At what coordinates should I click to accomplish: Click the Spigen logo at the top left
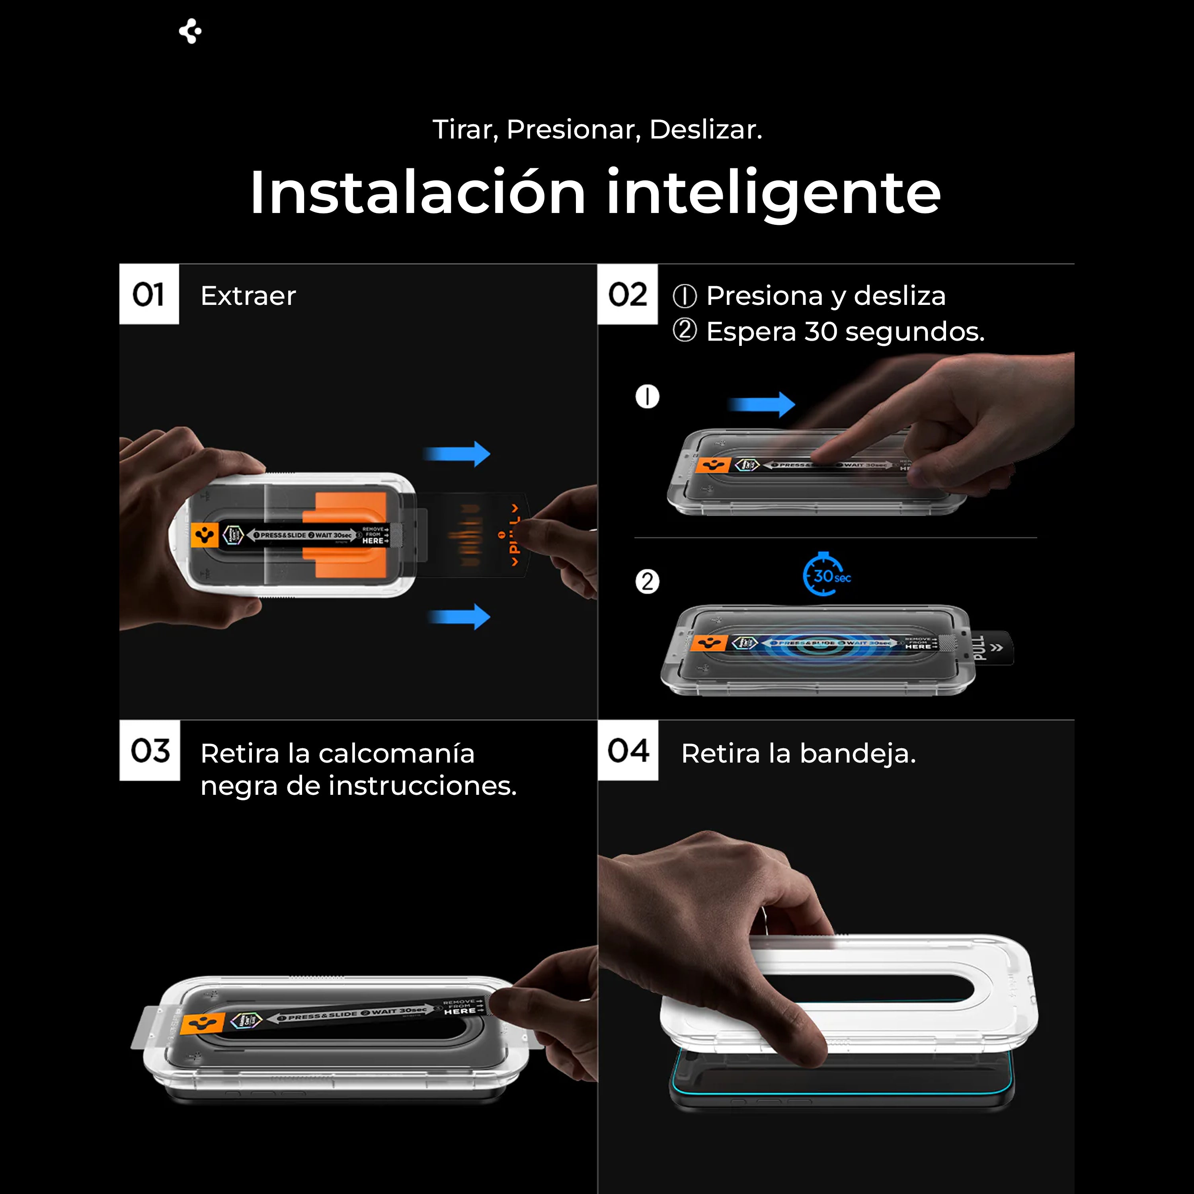190,31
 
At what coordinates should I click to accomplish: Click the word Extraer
248,296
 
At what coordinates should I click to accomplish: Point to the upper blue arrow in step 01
457,454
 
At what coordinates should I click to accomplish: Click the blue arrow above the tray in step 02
761,404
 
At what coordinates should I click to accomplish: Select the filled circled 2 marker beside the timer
647,581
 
